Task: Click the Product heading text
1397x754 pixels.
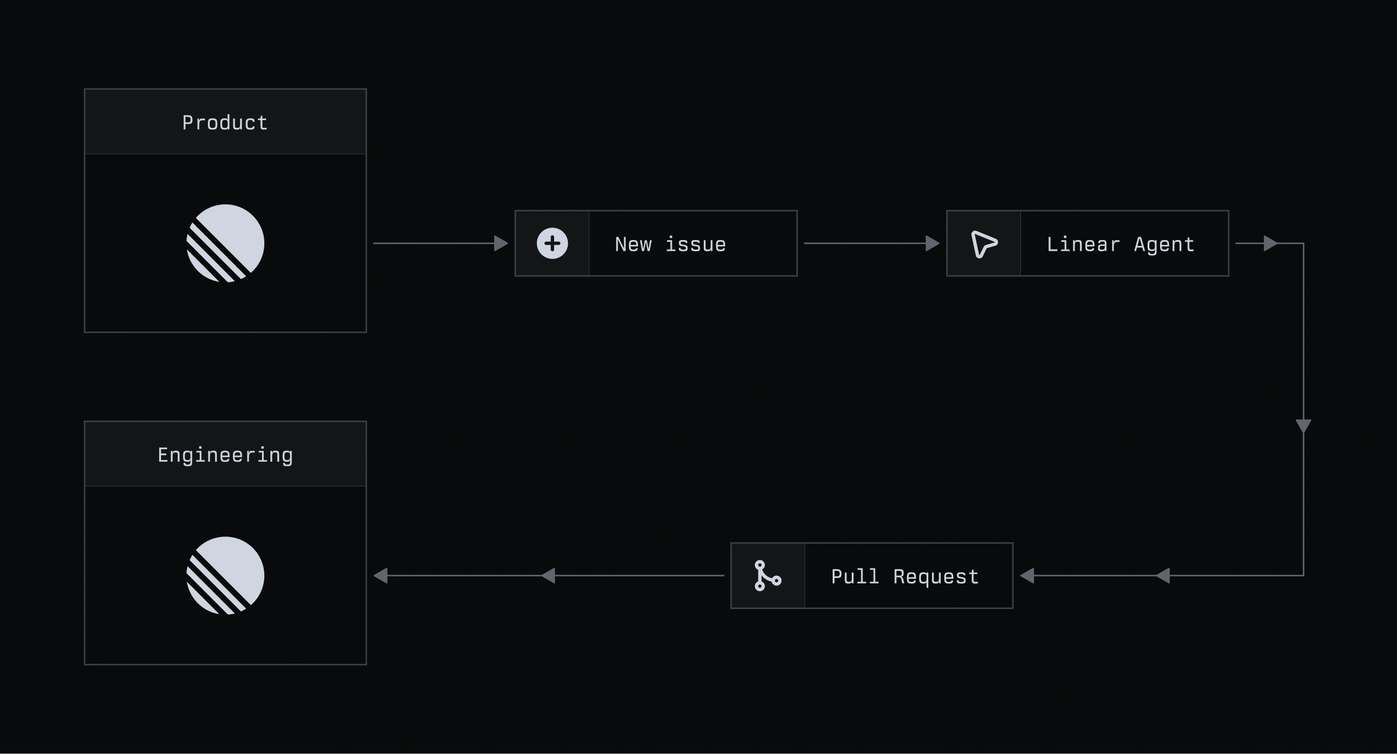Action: pos(225,123)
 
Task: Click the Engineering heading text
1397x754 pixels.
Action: pos(225,455)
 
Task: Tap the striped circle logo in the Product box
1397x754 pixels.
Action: pos(226,243)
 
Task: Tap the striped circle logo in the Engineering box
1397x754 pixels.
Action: pos(226,575)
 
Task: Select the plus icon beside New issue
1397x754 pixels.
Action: pos(552,243)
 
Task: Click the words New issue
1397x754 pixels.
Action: pos(670,244)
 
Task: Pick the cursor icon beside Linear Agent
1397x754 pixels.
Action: pos(984,244)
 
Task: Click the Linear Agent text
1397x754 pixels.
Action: pos(1120,244)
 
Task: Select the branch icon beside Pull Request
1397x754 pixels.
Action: pos(767,575)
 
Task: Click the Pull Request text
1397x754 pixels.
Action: pos(905,576)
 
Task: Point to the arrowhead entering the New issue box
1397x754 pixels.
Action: pos(501,243)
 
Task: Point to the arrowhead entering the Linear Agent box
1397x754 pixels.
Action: pos(933,243)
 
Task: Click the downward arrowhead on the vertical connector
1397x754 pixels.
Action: pos(1303,425)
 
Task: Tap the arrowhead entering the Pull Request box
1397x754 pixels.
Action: pos(1028,575)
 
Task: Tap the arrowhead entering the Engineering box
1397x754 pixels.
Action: pos(381,575)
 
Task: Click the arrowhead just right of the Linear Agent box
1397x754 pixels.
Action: pos(1270,243)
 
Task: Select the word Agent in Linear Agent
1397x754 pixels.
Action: pos(1164,244)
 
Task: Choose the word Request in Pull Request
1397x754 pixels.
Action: pos(936,576)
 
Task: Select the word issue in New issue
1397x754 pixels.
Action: pos(696,244)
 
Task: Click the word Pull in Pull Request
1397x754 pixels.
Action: pos(855,576)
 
